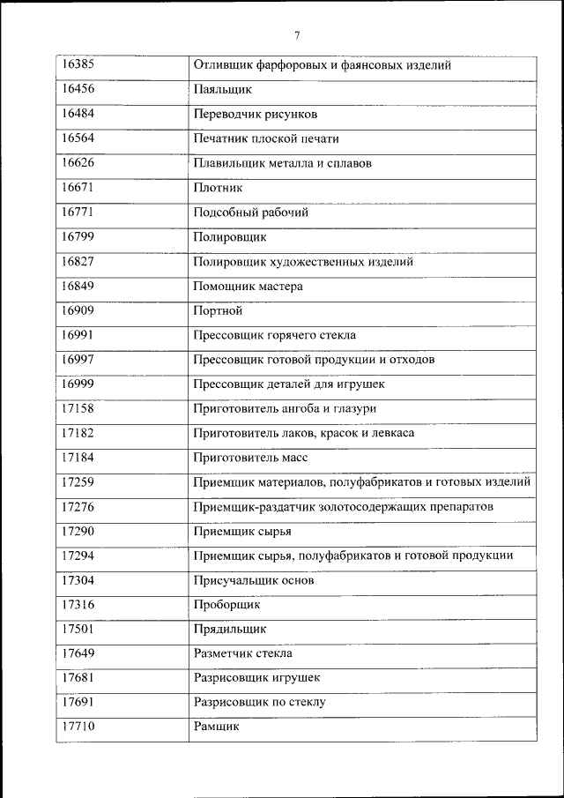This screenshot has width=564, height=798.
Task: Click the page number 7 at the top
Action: point(297,36)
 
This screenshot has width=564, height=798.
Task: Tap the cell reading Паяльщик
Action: point(222,90)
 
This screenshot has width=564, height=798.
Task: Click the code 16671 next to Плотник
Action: point(78,188)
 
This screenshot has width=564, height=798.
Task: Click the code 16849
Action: point(78,286)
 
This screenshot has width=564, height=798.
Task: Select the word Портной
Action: point(217,310)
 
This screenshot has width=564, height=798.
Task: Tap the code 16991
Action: point(78,335)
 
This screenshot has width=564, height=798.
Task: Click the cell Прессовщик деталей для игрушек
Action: point(288,384)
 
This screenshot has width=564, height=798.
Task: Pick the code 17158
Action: point(78,408)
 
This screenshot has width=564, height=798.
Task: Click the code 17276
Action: point(78,507)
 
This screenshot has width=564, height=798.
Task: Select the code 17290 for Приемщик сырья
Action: point(78,531)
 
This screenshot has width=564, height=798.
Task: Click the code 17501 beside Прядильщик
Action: point(78,629)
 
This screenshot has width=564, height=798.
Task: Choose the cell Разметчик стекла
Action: point(242,653)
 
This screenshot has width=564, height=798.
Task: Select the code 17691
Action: point(78,702)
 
